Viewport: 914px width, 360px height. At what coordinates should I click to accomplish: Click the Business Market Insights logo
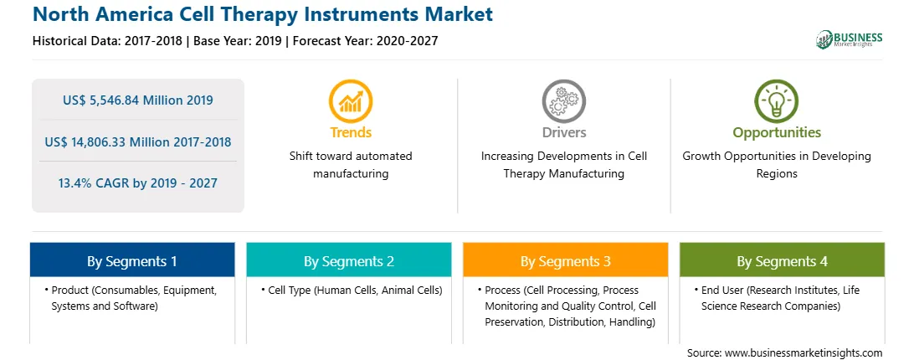[850, 39]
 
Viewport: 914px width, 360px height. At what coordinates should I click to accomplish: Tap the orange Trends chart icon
[351, 101]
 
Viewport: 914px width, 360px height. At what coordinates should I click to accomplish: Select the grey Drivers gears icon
[563, 101]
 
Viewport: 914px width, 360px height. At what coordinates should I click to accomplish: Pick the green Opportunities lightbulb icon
[777, 101]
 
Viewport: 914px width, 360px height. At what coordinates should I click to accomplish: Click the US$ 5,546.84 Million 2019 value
[137, 100]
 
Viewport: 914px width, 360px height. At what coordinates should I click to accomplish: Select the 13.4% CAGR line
[137, 183]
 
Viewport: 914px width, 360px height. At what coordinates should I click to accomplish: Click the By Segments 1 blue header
[132, 261]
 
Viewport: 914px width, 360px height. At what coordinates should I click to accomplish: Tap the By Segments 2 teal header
[348, 261]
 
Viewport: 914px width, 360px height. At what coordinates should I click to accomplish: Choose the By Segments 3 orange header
[566, 261]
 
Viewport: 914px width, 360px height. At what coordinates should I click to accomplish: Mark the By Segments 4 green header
[783, 261]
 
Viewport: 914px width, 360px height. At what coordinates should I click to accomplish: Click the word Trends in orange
[351, 132]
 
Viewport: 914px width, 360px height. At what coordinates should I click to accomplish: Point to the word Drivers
[564, 132]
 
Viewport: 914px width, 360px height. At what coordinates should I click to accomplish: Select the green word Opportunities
[777, 133]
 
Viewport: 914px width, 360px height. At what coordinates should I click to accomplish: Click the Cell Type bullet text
[351, 290]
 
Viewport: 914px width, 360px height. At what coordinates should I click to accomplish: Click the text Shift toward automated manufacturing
[351, 165]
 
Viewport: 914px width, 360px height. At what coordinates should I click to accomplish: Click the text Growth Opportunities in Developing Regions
[777, 165]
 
